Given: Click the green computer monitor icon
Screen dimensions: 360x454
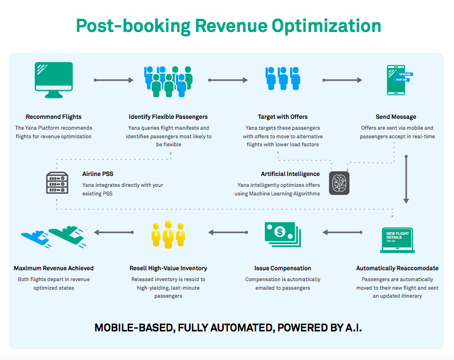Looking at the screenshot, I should pos(54,79).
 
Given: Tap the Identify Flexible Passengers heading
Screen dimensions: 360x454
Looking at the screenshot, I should pos(168,117).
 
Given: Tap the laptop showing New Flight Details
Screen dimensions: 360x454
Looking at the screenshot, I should pos(397,240).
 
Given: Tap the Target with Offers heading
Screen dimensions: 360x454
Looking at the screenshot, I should pos(283,117).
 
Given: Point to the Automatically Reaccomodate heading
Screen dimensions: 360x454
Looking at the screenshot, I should pos(397,268).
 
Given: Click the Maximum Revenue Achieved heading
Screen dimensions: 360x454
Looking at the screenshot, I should pos(54,268).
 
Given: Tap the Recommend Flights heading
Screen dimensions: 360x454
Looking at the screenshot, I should pos(54,117).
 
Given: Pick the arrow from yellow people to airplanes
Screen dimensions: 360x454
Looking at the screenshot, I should pos(113,233).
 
